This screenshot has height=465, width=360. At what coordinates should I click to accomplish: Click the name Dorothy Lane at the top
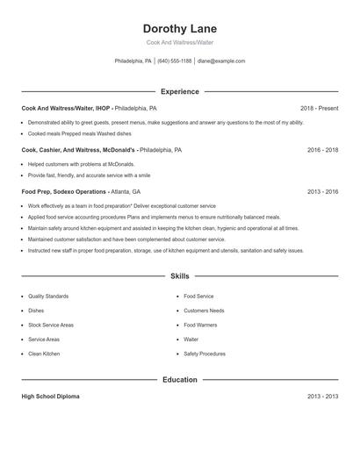tap(179, 28)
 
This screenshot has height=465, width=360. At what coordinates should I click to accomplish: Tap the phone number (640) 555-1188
tap(175, 61)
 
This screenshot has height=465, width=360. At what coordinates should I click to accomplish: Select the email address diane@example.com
tap(221, 61)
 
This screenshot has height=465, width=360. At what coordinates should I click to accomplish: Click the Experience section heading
tap(179, 91)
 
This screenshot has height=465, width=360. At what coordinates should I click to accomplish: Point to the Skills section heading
tap(179, 275)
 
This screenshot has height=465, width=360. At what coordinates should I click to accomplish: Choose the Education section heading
tap(179, 380)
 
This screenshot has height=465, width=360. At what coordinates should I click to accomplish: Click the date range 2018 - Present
tap(318, 108)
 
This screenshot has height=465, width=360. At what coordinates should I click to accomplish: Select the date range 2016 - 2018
tap(322, 150)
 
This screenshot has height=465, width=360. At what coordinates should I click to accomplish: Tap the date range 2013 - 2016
tap(322, 191)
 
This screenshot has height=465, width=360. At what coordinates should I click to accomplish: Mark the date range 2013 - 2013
tap(322, 397)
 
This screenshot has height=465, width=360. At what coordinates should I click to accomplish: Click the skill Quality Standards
tap(48, 297)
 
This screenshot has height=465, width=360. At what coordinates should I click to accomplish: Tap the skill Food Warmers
tap(199, 325)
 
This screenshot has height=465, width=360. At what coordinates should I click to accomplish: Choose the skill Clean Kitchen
tap(44, 353)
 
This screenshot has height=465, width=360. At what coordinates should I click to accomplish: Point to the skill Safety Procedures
tap(205, 353)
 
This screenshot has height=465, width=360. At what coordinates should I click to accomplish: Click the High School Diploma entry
tap(50, 397)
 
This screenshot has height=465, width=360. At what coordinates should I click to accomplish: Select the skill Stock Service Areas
tap(51, 325)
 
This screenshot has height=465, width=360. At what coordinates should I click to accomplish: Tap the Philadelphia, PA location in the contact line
tap(133, 61)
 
